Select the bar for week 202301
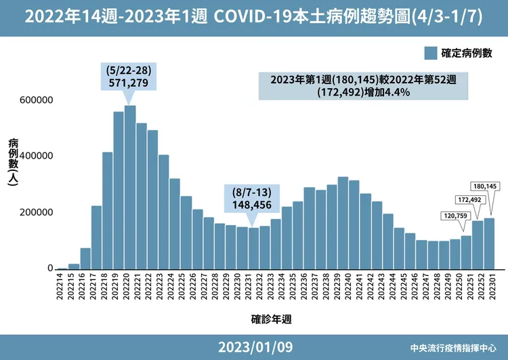point(488,243)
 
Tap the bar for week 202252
point(478,245)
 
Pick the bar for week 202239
point(343,223)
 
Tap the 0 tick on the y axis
point(49,268)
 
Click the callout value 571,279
point(129,83)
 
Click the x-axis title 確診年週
point(272,317)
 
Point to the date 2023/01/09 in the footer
point(255,347)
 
